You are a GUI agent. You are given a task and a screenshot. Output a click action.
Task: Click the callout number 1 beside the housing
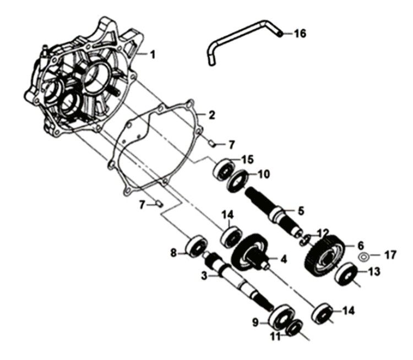[x=153, y=54]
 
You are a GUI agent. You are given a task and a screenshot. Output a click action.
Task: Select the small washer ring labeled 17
[x=363, y=257]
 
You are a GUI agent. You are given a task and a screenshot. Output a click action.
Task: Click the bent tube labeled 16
[x=242, y=40]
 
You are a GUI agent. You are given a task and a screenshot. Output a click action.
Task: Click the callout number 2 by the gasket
[x=211, y=116]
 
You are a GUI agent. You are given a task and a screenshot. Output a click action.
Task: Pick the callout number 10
[x=263, y=174]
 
